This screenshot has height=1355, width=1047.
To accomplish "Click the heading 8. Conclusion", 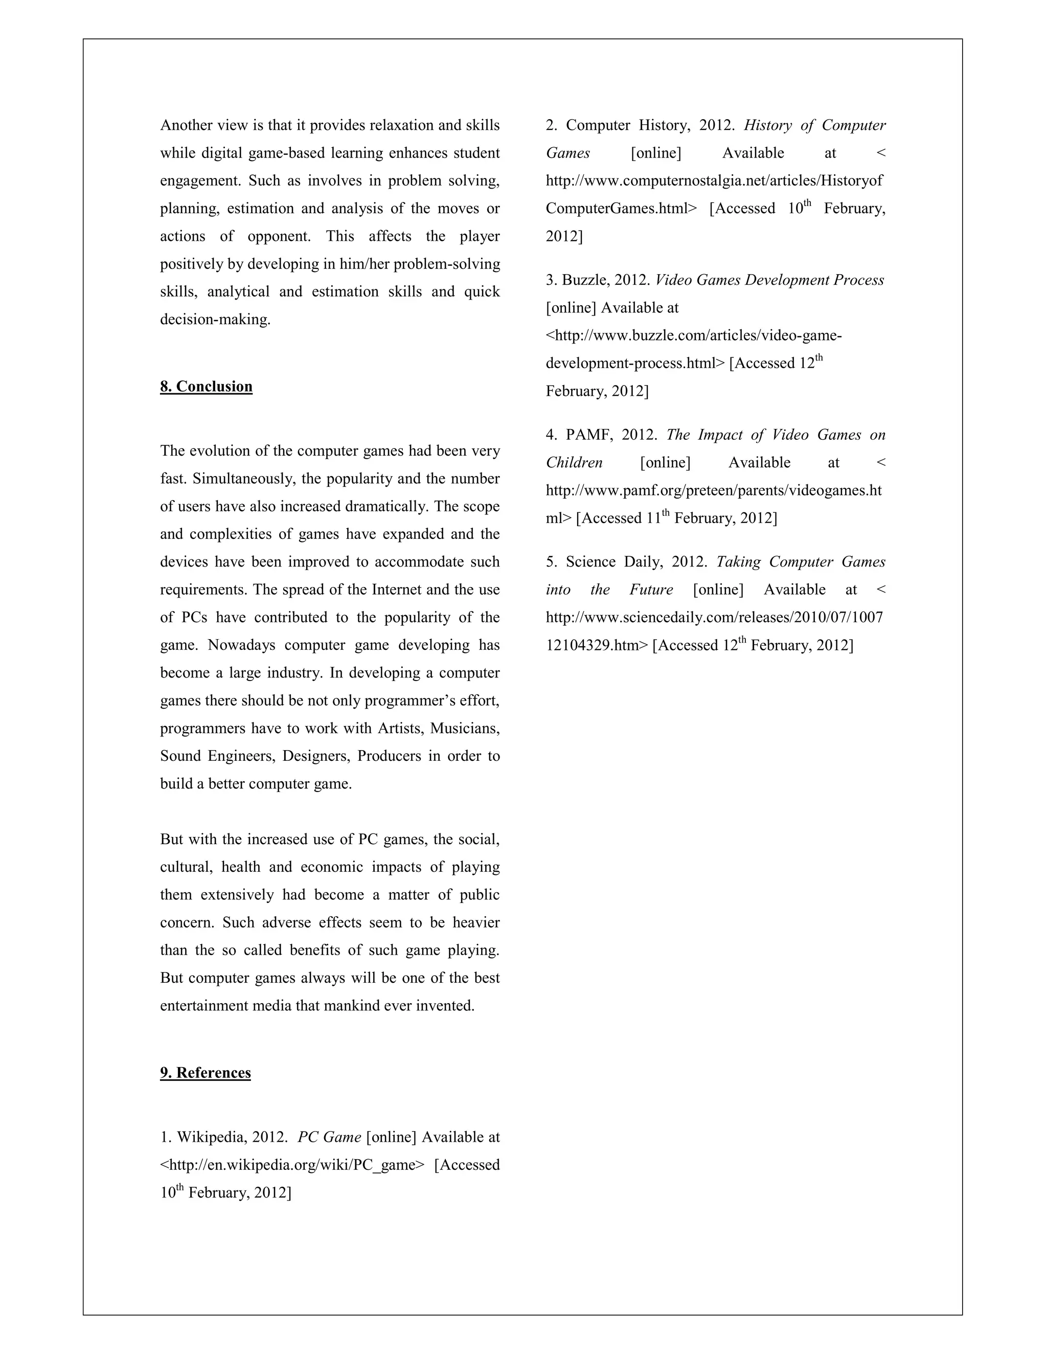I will pyautogui.click(x=206, y=387).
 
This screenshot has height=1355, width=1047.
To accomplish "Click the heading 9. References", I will pyautogui.click(x=206, y=1073).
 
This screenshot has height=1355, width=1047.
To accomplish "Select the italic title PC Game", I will pyautogui.click(x=329, y=1137).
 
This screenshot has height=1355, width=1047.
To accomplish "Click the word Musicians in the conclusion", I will pyautogui.click(x=465, y=728).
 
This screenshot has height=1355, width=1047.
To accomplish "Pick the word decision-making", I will pyautogui.click(x=215, y=320).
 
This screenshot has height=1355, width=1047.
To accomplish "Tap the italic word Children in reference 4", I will pyautogui.click(x=574, y=463).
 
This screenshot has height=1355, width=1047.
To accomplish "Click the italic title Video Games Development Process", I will pyautogui.click(x=769, y=280).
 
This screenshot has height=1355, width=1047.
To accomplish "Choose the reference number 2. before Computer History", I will pyautogui.click(x=552, y=125).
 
